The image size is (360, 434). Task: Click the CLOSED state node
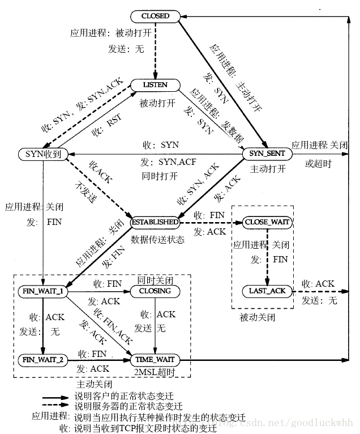tap(156, 16)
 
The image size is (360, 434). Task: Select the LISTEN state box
tap(155, 84)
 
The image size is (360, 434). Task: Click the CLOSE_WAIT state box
tap(267, 222)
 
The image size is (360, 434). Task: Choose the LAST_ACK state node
tap(267, 291)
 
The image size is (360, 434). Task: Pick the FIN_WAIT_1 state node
tap(43, 291)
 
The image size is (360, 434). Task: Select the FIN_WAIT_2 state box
tap(43, 359)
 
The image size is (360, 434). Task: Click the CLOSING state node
tap(155, 291)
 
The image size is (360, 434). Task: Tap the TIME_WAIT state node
tap(155, 359)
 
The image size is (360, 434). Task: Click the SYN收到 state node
tap(44, 154)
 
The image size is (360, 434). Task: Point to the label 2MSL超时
tap(154, 372)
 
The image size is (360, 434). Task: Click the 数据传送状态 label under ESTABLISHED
tap(157, 240)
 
